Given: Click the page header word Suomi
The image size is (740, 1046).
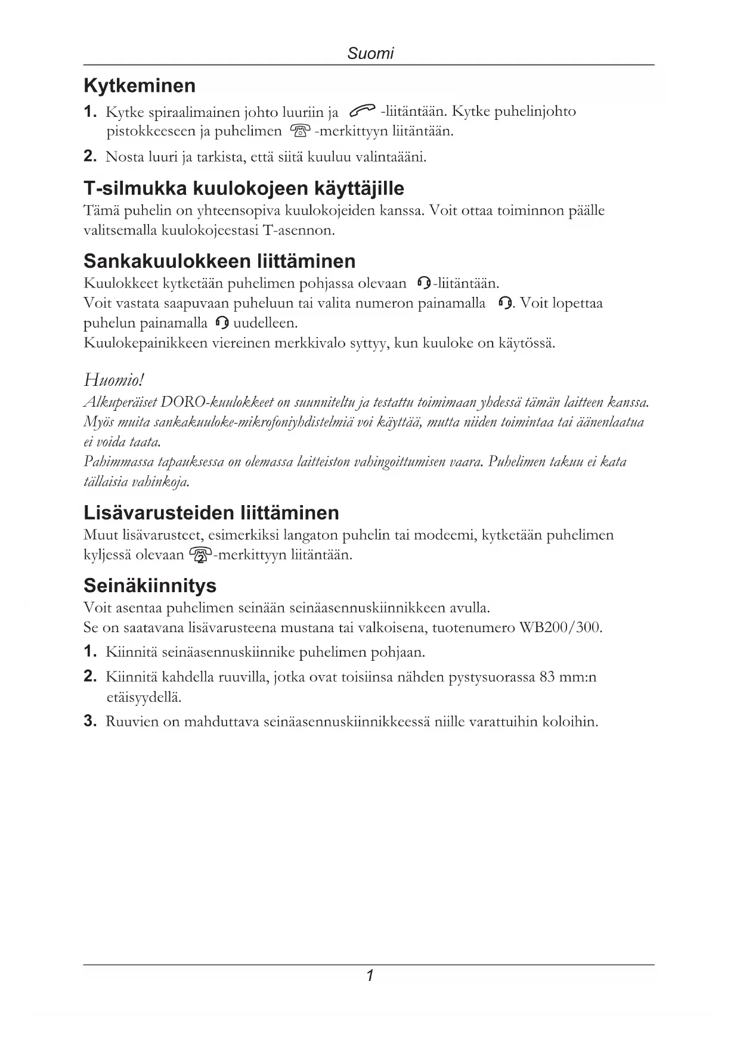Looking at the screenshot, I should point(370,54).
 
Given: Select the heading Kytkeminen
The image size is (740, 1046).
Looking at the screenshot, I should point(140,86).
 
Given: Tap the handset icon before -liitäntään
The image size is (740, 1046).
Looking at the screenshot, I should point(362,111).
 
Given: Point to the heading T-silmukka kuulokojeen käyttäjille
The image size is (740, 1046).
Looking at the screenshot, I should point(243,189).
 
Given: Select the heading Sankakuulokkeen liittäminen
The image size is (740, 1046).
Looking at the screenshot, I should point(219,261).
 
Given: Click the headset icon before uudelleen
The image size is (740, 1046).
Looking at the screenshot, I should point(222,323).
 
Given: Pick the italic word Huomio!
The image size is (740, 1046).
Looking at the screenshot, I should point(114,380).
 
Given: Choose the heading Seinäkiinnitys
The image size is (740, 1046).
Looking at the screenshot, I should point(150,586).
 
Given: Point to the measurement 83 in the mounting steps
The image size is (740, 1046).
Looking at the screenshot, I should point(547,677).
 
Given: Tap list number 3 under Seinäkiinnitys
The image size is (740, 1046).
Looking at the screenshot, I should point(90,722).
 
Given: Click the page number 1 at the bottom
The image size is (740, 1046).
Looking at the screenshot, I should point(370,976).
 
